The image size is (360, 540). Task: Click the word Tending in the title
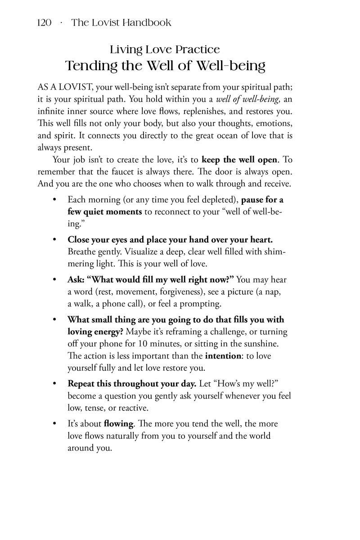tap(90, 66)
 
